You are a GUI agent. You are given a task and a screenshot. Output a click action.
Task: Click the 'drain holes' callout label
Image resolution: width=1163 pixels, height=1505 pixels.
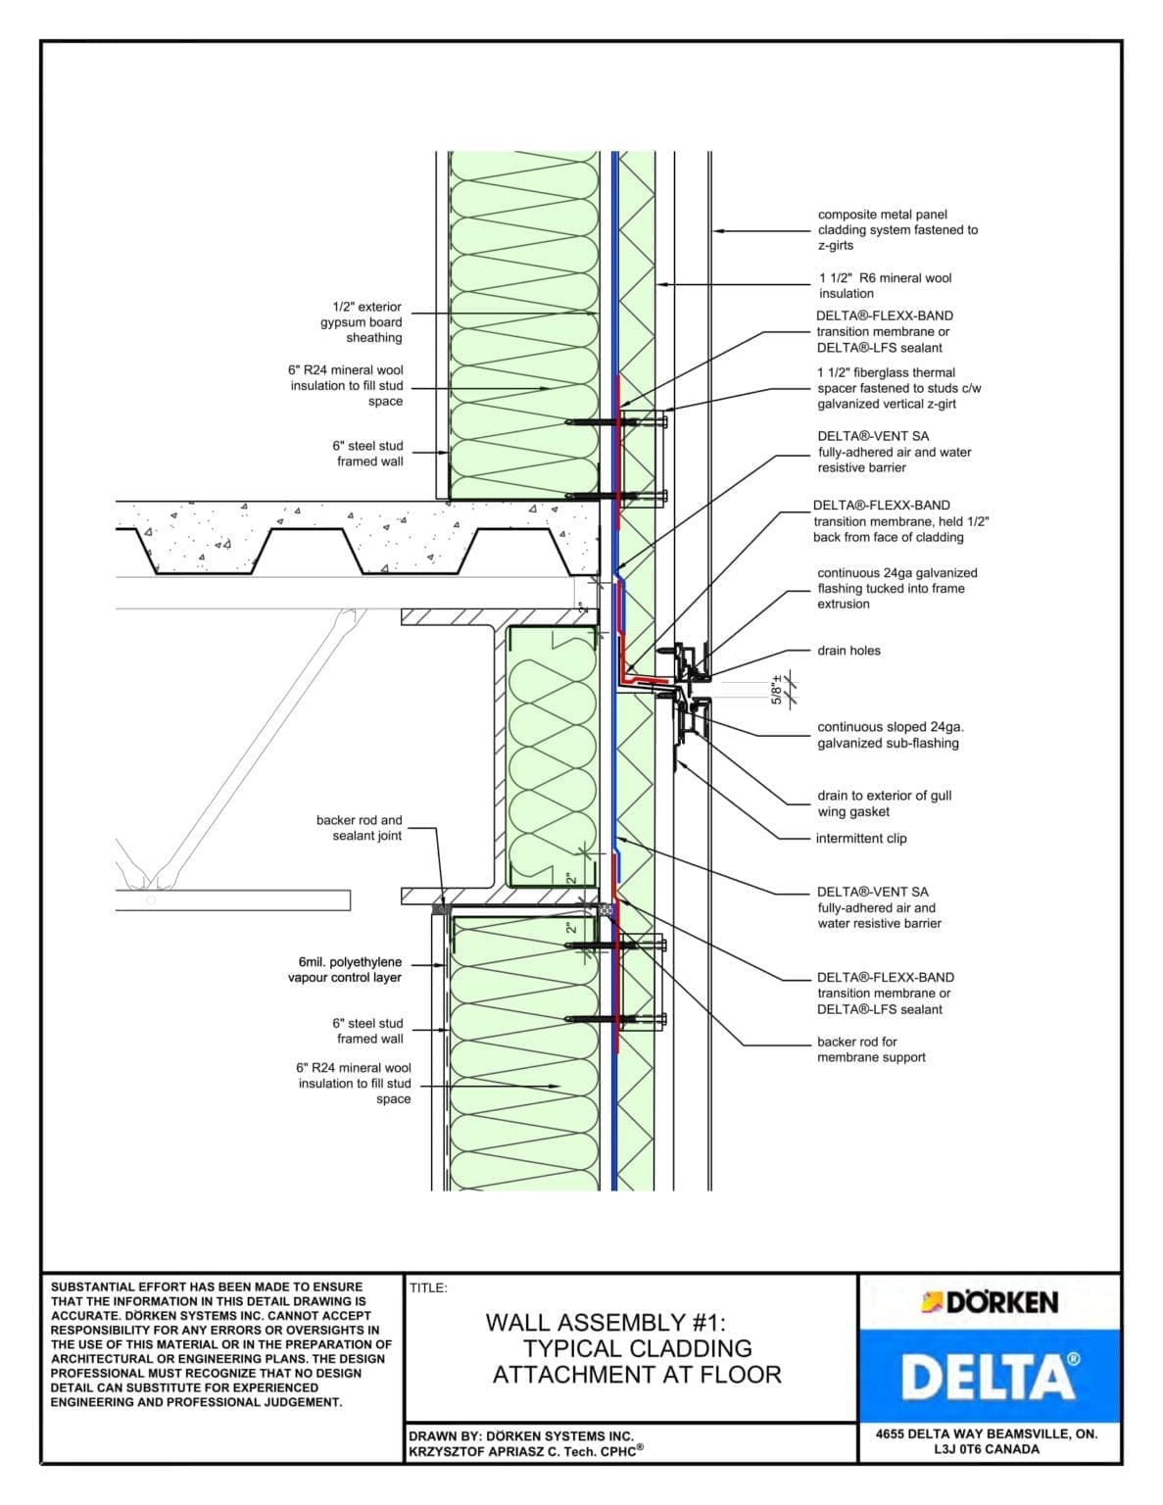pyautogui.click(x=848, y=651)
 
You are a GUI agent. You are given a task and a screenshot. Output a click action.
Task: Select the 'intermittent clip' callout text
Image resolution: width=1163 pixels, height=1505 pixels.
pyautogui.click(x=860, y=839)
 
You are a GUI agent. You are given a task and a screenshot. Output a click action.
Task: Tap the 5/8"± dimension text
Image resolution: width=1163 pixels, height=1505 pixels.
pyautogui.click(x=777, y=690)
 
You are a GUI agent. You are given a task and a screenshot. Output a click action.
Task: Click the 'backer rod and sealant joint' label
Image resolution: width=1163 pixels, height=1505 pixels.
pyautogui.click(x=359, y=828)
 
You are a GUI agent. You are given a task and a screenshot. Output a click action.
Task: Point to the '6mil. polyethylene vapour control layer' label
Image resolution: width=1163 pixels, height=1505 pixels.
pyautogui.click(x=345, y=970)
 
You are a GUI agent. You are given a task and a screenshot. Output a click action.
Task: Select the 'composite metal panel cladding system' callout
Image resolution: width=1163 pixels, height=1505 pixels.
pyautogui.click(x=896, y=229)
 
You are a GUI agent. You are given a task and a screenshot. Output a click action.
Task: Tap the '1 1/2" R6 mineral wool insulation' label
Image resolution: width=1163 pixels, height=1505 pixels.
pyautogui.click(x=885, y=285)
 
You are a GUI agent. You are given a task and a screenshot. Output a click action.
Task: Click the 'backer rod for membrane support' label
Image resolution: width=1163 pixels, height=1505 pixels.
pyautogui.click(x=870, y=1049)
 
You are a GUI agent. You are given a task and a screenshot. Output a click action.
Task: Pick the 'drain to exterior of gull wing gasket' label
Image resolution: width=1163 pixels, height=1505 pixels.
pyautogui.click(x=884, y=803)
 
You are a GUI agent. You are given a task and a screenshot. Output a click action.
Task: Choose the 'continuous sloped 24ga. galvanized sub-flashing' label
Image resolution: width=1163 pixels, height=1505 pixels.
pyautogui.click(x=890, y=735)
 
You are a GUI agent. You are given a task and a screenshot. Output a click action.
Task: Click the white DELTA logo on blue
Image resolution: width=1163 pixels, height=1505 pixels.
pyautogui.click(x=990, y=1376)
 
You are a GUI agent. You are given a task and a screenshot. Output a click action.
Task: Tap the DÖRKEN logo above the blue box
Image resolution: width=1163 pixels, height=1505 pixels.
pyautogui.click(x=990, y=1302)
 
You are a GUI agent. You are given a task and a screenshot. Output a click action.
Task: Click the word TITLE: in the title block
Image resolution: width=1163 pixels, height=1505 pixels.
pyautogui.click(x=428, y=1287)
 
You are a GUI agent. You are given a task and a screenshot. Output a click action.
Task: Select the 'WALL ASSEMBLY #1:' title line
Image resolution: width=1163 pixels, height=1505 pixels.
pyautogui.click(x=606, y=1323)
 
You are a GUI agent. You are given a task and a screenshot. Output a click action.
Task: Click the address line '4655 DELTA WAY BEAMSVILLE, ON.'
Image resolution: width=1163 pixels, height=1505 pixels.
pyautogui.click(x=987, y=1433)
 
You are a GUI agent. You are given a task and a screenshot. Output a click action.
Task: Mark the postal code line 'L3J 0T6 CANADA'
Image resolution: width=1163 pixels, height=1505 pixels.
pyautogui.click(x=987, y=1449)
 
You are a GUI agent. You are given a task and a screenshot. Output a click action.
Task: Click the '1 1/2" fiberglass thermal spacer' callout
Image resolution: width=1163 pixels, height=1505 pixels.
pyautogui.click(x=898, y=388)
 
